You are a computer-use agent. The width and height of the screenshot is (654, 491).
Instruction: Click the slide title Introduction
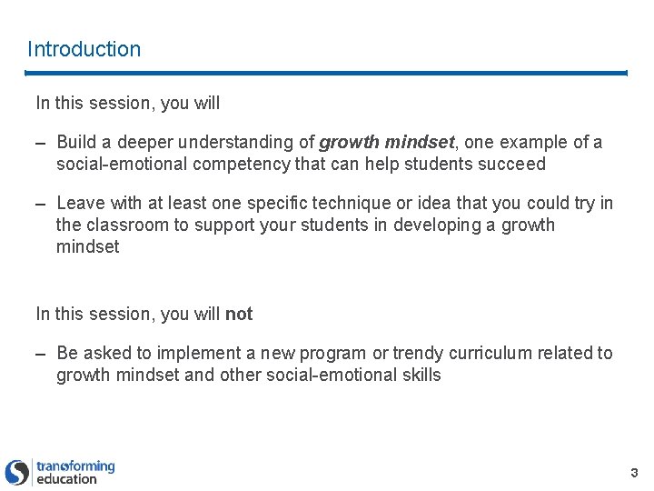pos(84,49)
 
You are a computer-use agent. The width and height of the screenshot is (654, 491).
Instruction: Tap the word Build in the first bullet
pos(75,143)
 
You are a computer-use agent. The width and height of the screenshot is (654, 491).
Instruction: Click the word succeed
pos(515,165)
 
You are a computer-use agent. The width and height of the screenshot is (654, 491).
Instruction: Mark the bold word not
pos(239,314)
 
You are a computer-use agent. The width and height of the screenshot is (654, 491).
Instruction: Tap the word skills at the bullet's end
pos(419,375)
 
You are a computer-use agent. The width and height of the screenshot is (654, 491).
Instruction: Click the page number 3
pos(634,472)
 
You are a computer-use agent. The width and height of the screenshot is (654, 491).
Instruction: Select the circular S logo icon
pos(17,472)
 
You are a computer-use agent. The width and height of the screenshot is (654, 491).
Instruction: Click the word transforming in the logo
pos(75,466)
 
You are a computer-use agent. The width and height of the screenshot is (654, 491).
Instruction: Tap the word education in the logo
pos(66,479)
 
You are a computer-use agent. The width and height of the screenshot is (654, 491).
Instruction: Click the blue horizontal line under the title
pos(327,73)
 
